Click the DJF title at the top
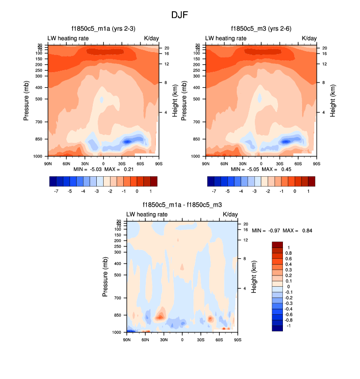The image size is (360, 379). tap(179, 15)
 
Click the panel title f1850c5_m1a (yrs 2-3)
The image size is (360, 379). tap(103, 28)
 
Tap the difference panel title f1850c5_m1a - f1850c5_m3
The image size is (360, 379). tap(182, 205)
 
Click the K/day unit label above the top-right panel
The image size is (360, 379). tap(309, 38)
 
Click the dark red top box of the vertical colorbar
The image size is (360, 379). tap(278, 244)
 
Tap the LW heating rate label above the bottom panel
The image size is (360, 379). tap(147, 215)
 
